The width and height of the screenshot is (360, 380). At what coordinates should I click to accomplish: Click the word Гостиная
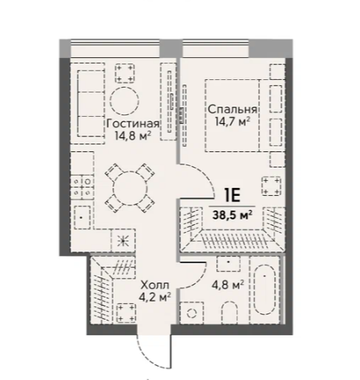point(133,124)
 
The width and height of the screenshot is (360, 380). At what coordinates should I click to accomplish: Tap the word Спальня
point(232,110)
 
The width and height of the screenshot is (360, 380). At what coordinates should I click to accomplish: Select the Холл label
point(155,285)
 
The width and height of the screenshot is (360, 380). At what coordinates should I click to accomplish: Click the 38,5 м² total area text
point(232,215)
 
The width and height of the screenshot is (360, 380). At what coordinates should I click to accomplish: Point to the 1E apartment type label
point(232,195)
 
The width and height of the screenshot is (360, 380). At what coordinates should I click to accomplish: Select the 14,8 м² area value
point(133,136)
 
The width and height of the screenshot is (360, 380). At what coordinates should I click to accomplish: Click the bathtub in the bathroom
point(265,290)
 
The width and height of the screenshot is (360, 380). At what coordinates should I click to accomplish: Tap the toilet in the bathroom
point(230,313)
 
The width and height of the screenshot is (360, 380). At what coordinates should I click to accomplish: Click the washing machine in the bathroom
point(192,313)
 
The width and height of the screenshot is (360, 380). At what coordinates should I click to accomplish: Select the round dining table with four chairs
point(130,188)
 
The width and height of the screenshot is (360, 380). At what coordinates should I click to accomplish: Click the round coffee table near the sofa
point(124,101)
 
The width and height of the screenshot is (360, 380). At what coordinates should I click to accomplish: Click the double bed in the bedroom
point(232,115)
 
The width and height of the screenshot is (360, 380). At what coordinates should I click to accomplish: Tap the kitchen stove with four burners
point(82,187)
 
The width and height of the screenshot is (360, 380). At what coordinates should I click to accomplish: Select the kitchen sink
point(82,217)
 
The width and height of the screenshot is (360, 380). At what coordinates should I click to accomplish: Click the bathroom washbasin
point(229,263)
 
